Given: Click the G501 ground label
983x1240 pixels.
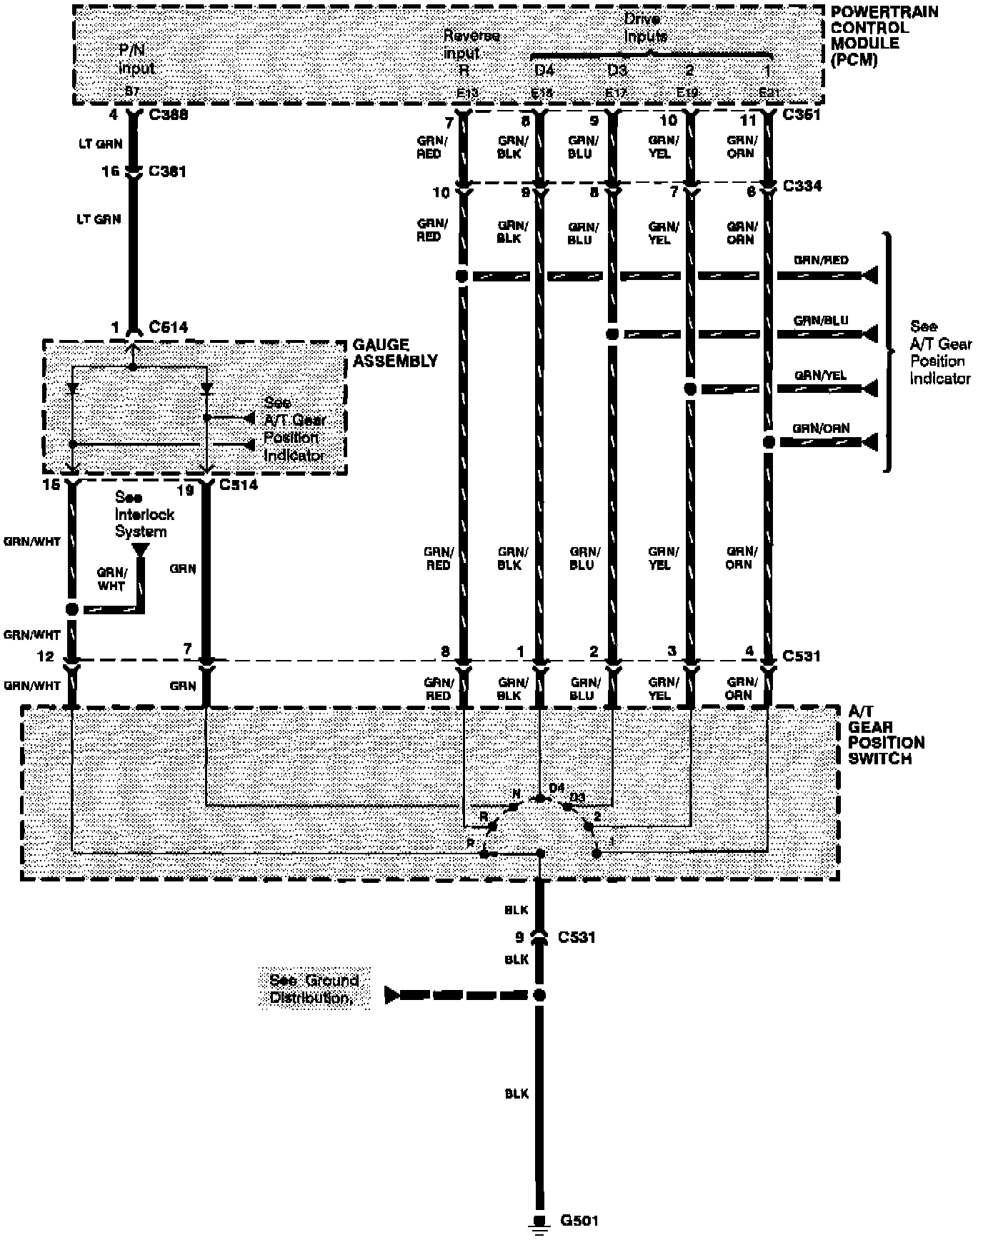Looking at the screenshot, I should point(579,1221).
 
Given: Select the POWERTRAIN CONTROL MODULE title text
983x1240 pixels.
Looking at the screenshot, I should point(884,36).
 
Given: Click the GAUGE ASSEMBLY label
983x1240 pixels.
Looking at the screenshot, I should point(394,354).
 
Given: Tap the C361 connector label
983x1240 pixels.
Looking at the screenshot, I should point(802,115).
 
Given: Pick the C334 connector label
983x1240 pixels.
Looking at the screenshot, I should point(802,186).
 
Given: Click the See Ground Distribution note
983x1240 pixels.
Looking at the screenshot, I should point(314,989).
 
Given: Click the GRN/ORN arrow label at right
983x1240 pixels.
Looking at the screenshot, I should point(821,429).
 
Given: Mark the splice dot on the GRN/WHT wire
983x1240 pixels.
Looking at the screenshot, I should point(71,609).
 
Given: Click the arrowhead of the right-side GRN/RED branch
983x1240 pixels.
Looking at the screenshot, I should point(870,276).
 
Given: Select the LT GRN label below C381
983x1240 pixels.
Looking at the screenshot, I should point(99,219).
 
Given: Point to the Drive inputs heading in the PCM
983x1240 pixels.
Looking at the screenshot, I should point(645,28).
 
